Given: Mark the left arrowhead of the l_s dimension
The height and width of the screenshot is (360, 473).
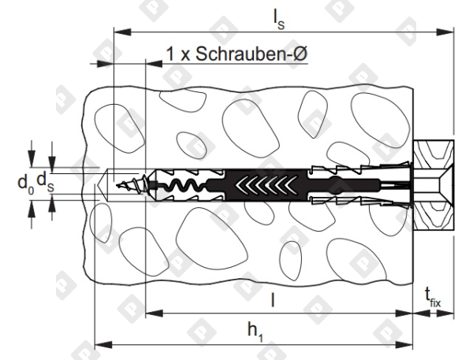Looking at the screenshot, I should [118, 32].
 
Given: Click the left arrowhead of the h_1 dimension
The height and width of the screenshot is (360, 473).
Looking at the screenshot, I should [99, 343].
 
